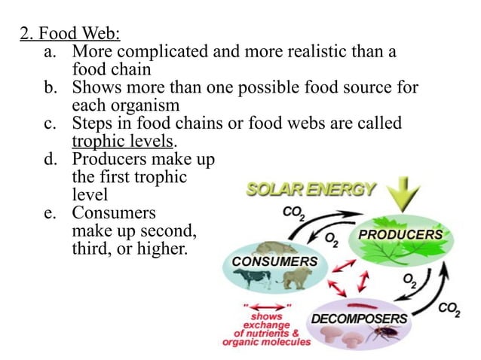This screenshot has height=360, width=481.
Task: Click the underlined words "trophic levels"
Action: [x=123, y=141]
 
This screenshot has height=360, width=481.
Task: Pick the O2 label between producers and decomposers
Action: [x=409, y=280]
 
